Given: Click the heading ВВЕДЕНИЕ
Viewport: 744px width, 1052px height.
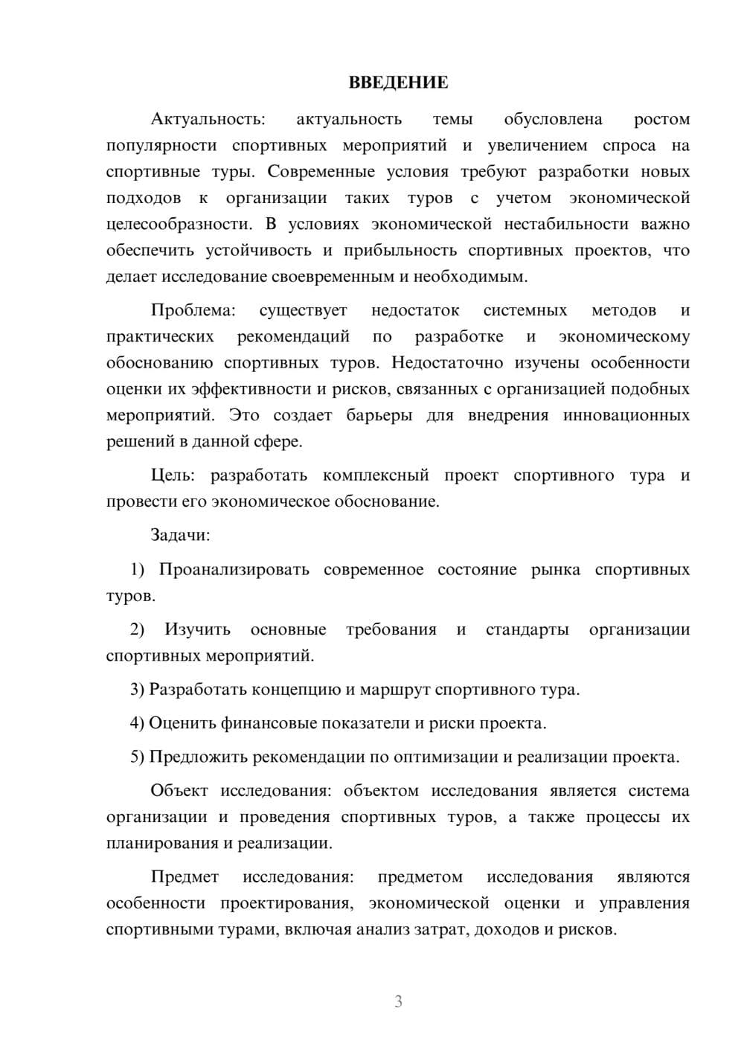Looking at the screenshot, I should [x=398, y=83].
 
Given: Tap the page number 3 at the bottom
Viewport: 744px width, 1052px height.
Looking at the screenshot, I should [x=398, y=1001].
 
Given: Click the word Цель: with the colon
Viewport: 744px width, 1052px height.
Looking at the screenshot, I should [x=172, y=475].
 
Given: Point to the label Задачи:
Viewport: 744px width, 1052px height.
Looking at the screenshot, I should [x=180, y=535].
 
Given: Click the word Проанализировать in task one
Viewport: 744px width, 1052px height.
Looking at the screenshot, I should [x=234, y=570].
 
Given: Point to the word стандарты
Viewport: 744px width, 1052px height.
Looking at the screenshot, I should [x=527, y=630].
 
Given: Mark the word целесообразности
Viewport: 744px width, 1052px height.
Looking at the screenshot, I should [x=178, y=225].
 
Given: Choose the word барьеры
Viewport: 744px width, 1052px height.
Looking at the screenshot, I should [x=379, y=415].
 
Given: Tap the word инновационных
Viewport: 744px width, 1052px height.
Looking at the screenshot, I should [x=626, y=415].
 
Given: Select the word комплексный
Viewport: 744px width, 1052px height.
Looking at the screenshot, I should [x=376, y=475].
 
